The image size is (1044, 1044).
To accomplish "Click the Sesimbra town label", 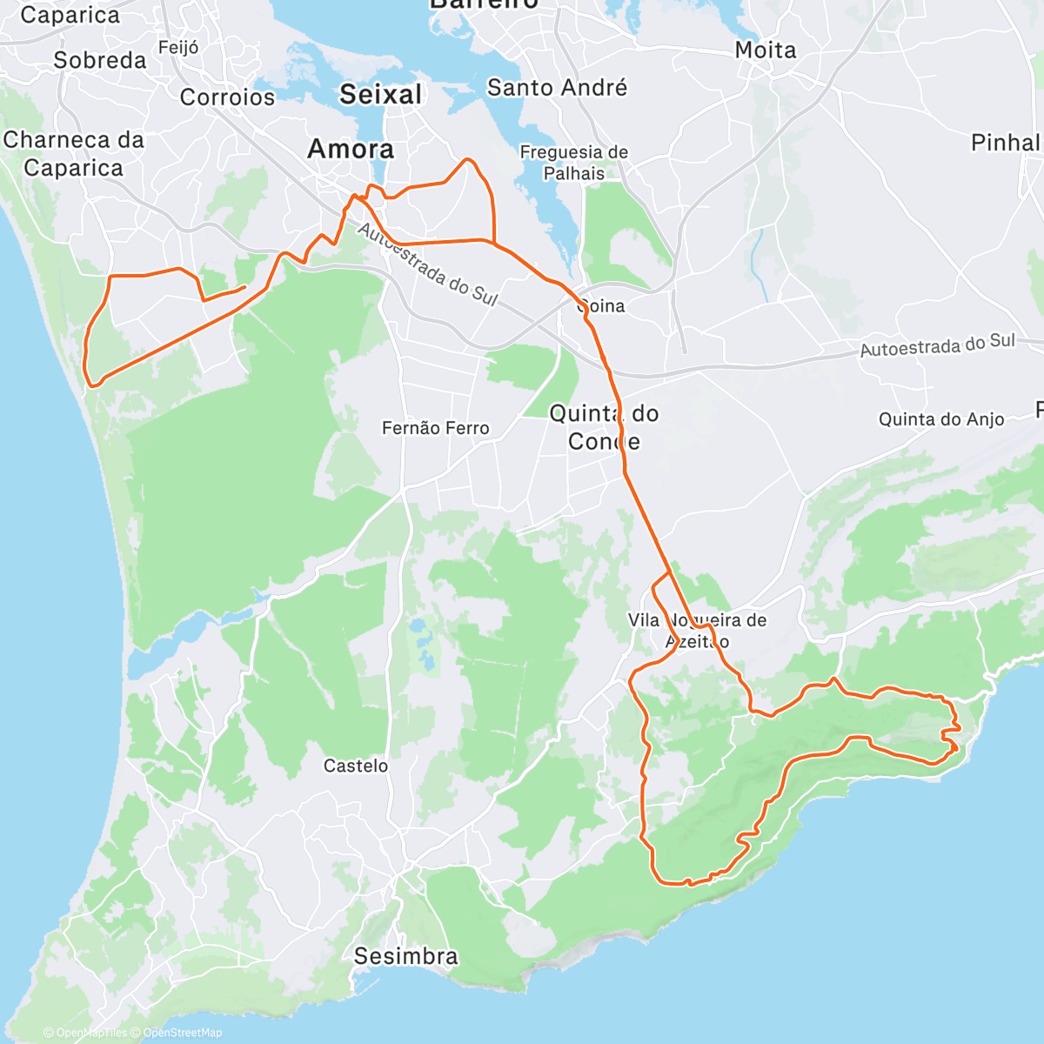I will pos(405,956).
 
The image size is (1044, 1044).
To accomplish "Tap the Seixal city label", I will pos(380,94).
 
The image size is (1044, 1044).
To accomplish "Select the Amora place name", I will pos(351,149).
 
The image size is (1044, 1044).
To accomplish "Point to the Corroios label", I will pos(227,97).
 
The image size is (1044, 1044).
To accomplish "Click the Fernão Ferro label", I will pos(435,428).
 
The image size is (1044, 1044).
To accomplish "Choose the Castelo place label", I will pos(356,766).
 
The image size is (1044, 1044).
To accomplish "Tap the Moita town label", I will pos(766,50).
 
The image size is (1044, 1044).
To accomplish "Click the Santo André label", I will pos(557,88).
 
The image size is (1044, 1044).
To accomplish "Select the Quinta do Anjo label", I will pos(941,419).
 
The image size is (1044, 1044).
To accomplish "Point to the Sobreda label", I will pos(100,60).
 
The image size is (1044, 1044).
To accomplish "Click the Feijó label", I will pos(178,48).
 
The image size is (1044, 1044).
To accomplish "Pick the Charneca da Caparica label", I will pos(73,153).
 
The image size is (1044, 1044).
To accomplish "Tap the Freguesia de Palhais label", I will pos(573,163).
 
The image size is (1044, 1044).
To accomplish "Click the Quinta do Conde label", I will pos(604,427).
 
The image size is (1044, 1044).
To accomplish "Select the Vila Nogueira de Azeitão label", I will pos(697,631).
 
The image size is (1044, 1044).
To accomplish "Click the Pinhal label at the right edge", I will pos(1006,143).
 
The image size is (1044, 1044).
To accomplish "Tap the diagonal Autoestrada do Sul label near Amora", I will pos(426,264).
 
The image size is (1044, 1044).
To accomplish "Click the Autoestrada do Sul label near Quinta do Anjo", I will pos(937,345).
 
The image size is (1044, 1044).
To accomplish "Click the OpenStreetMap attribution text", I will pos(182,1033).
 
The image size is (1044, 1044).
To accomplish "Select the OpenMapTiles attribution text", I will pos(90,1033).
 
